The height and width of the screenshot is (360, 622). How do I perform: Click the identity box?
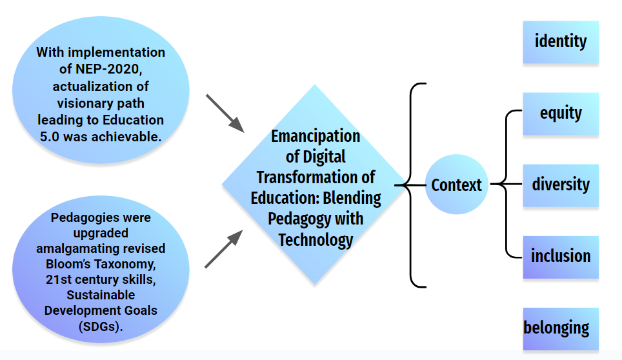561,42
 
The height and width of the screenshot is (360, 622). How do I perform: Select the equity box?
561,114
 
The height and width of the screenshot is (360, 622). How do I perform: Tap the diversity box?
561,186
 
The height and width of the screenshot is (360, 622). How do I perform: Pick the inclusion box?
561,257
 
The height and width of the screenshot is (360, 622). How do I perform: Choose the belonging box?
561,329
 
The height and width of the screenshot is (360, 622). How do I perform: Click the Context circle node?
457,185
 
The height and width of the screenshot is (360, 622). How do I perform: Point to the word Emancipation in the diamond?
316,136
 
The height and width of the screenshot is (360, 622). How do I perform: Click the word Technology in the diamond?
316,240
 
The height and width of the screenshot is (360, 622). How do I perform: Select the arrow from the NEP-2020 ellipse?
225,114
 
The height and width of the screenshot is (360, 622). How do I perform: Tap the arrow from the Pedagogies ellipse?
224,249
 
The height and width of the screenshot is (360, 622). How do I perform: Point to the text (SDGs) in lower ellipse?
101,326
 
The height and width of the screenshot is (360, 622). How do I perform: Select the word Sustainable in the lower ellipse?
101,295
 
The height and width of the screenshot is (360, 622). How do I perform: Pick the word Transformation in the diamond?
306,177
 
